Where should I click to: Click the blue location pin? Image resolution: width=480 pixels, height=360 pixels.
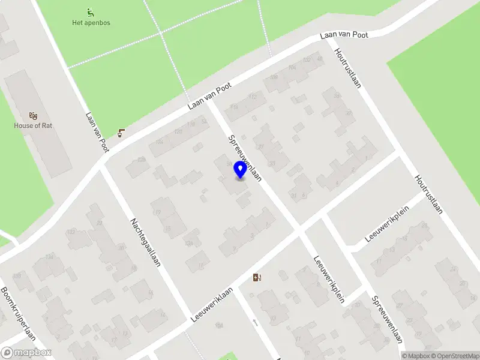click(x=240, y=169)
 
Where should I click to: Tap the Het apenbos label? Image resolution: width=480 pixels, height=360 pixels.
click(x=91, y=23)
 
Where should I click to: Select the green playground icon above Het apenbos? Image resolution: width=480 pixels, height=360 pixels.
click(x=91, y=11)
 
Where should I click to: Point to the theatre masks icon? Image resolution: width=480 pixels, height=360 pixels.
click(x=33, y=115)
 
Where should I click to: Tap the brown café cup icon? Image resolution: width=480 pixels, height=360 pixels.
click(x=122, y=133)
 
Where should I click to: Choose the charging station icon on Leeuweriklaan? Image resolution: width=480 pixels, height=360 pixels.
click(x=257, y=277)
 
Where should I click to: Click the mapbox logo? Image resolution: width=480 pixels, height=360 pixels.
click(x=25, y=353)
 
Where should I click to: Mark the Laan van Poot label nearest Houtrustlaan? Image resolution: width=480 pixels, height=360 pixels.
click(x=344, y=35)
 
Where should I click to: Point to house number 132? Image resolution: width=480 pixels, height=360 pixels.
click(x=71, y=232)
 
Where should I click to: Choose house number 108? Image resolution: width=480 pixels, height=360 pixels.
click(x=274, y=77)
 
